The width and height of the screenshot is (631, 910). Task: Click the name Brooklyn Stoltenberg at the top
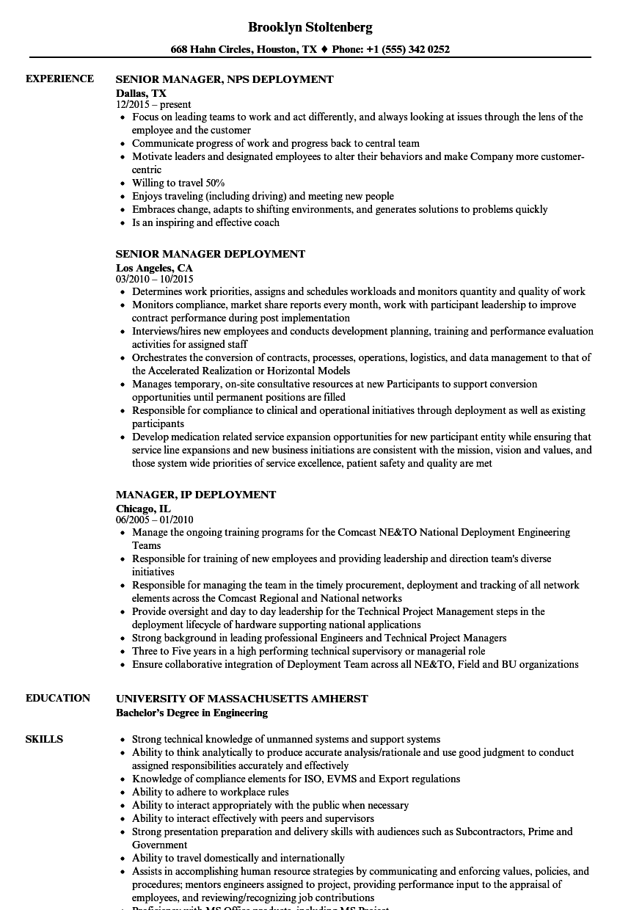point(310,27)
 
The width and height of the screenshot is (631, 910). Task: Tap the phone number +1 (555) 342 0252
point(402,50)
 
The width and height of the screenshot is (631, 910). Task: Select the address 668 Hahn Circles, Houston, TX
point(244,50)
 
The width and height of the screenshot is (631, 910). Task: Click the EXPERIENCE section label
point(59,79)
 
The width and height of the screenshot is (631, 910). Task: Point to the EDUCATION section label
point(58,698)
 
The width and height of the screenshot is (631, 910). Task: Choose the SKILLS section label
point(44,739)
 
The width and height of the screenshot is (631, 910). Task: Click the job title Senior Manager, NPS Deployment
point(225,79)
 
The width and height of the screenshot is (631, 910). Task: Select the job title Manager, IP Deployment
point(196,495)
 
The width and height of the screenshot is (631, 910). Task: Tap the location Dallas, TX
point(141,93)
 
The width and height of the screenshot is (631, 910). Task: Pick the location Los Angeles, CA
point(154,268)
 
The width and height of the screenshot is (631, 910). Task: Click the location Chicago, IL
point(143,508)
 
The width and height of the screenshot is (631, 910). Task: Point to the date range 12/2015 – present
point(153,105)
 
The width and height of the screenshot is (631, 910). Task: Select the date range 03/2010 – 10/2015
point(154,280)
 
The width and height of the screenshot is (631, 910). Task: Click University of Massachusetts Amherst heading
point(242,699)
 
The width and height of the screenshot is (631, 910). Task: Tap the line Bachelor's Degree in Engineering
point(192,713)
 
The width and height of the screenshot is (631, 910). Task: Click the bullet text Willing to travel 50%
point(178,183)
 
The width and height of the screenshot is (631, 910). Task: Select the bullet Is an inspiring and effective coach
point(205,222)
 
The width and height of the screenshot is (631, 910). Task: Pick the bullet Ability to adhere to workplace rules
point(211,792)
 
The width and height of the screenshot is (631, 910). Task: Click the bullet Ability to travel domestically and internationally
point(238,858)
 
